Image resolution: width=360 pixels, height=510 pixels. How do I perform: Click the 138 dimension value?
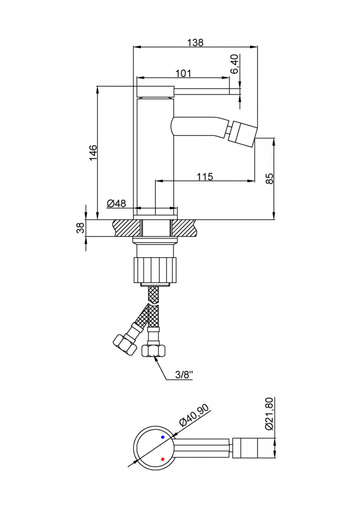pos(196,42)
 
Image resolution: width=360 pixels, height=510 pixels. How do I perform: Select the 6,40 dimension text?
pos(234,64)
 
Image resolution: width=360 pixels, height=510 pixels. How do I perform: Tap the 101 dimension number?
pos(183,73)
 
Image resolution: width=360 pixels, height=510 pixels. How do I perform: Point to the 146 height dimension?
pos(93,152)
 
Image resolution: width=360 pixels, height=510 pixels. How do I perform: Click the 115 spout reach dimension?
pos(205,176)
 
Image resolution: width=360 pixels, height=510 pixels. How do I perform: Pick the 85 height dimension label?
pos(270,179)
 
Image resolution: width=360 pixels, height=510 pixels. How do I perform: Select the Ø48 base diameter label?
pos(116,204)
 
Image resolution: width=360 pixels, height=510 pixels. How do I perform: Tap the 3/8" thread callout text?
pos(184,375)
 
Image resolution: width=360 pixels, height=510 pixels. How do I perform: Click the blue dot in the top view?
pos(163,437)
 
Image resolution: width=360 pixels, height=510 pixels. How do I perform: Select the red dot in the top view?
pos(163,459)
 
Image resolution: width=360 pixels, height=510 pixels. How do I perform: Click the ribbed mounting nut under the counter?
pos(156,269)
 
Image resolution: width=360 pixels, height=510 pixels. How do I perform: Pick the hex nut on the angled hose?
pos(124,345)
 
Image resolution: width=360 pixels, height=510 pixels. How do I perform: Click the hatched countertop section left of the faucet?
pos(127,228)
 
